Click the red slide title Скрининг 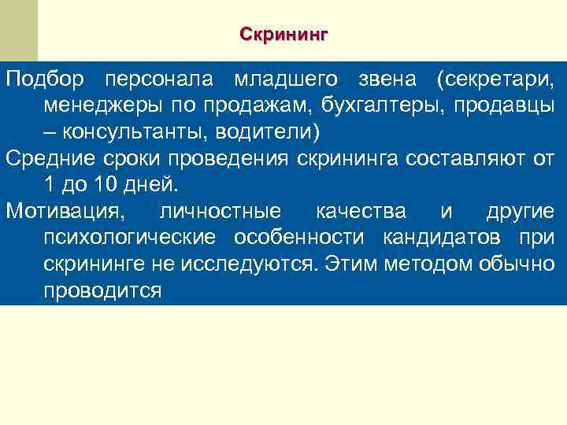[x=283, y=35]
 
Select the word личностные [x=220, y=212]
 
